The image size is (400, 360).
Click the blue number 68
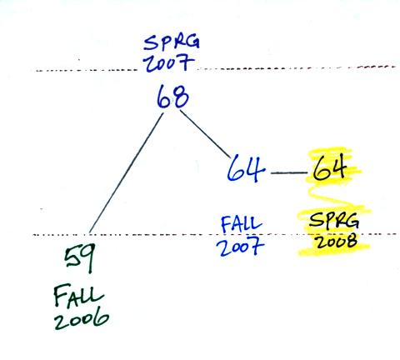point(172,97)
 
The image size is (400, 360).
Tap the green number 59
point(80,257)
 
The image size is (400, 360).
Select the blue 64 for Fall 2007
point(246,168)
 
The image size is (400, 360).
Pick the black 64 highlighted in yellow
point(330,167)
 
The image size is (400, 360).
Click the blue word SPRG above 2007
point(172,43)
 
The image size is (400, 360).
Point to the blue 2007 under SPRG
point(168,63)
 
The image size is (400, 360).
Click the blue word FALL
point(242,224)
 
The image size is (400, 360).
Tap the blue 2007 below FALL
point(240,247)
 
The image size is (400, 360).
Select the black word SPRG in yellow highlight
point(334,222)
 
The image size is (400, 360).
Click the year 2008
point(336,241)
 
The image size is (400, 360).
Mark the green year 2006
point(82,320)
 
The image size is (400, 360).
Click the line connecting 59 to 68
point(126,173)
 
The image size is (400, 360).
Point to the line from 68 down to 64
point(205,135)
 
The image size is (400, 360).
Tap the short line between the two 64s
point(289,172)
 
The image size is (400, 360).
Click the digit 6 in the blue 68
point(164,97)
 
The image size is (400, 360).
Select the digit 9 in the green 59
point(87,258)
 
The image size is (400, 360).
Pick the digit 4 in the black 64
point(337,167)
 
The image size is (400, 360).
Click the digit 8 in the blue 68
point(181,97)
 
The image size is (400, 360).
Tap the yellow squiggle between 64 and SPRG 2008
point(337,197)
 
